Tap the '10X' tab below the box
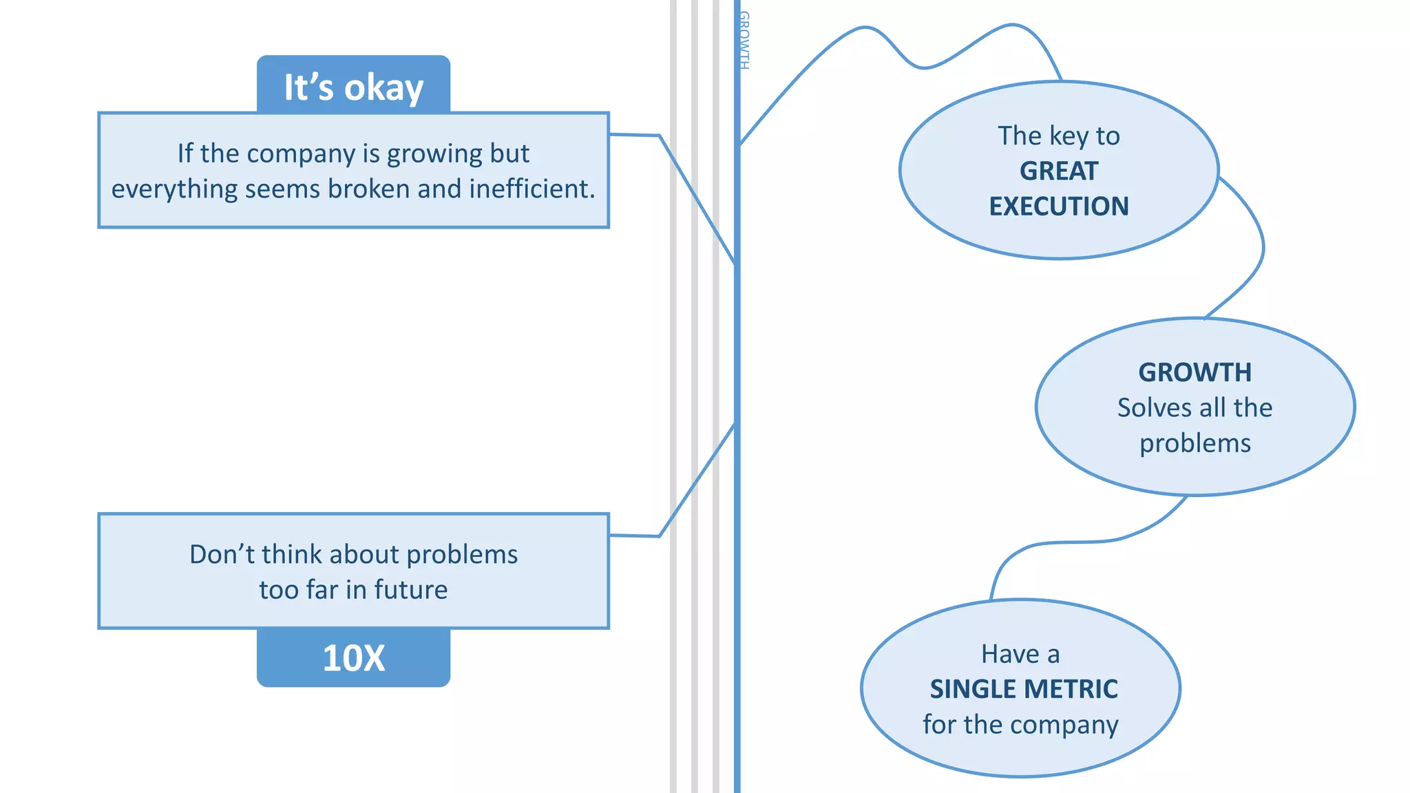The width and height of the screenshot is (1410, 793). (x=353, y=658)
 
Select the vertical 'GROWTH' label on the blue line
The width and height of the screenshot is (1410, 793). (x=744, y=40)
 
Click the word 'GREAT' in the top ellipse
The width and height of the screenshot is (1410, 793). (x=1059, y=171)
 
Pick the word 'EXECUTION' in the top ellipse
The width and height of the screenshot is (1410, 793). (x=1059, y=207)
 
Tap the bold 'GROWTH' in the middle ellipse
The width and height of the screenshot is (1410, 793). (x=1195, y=372)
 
